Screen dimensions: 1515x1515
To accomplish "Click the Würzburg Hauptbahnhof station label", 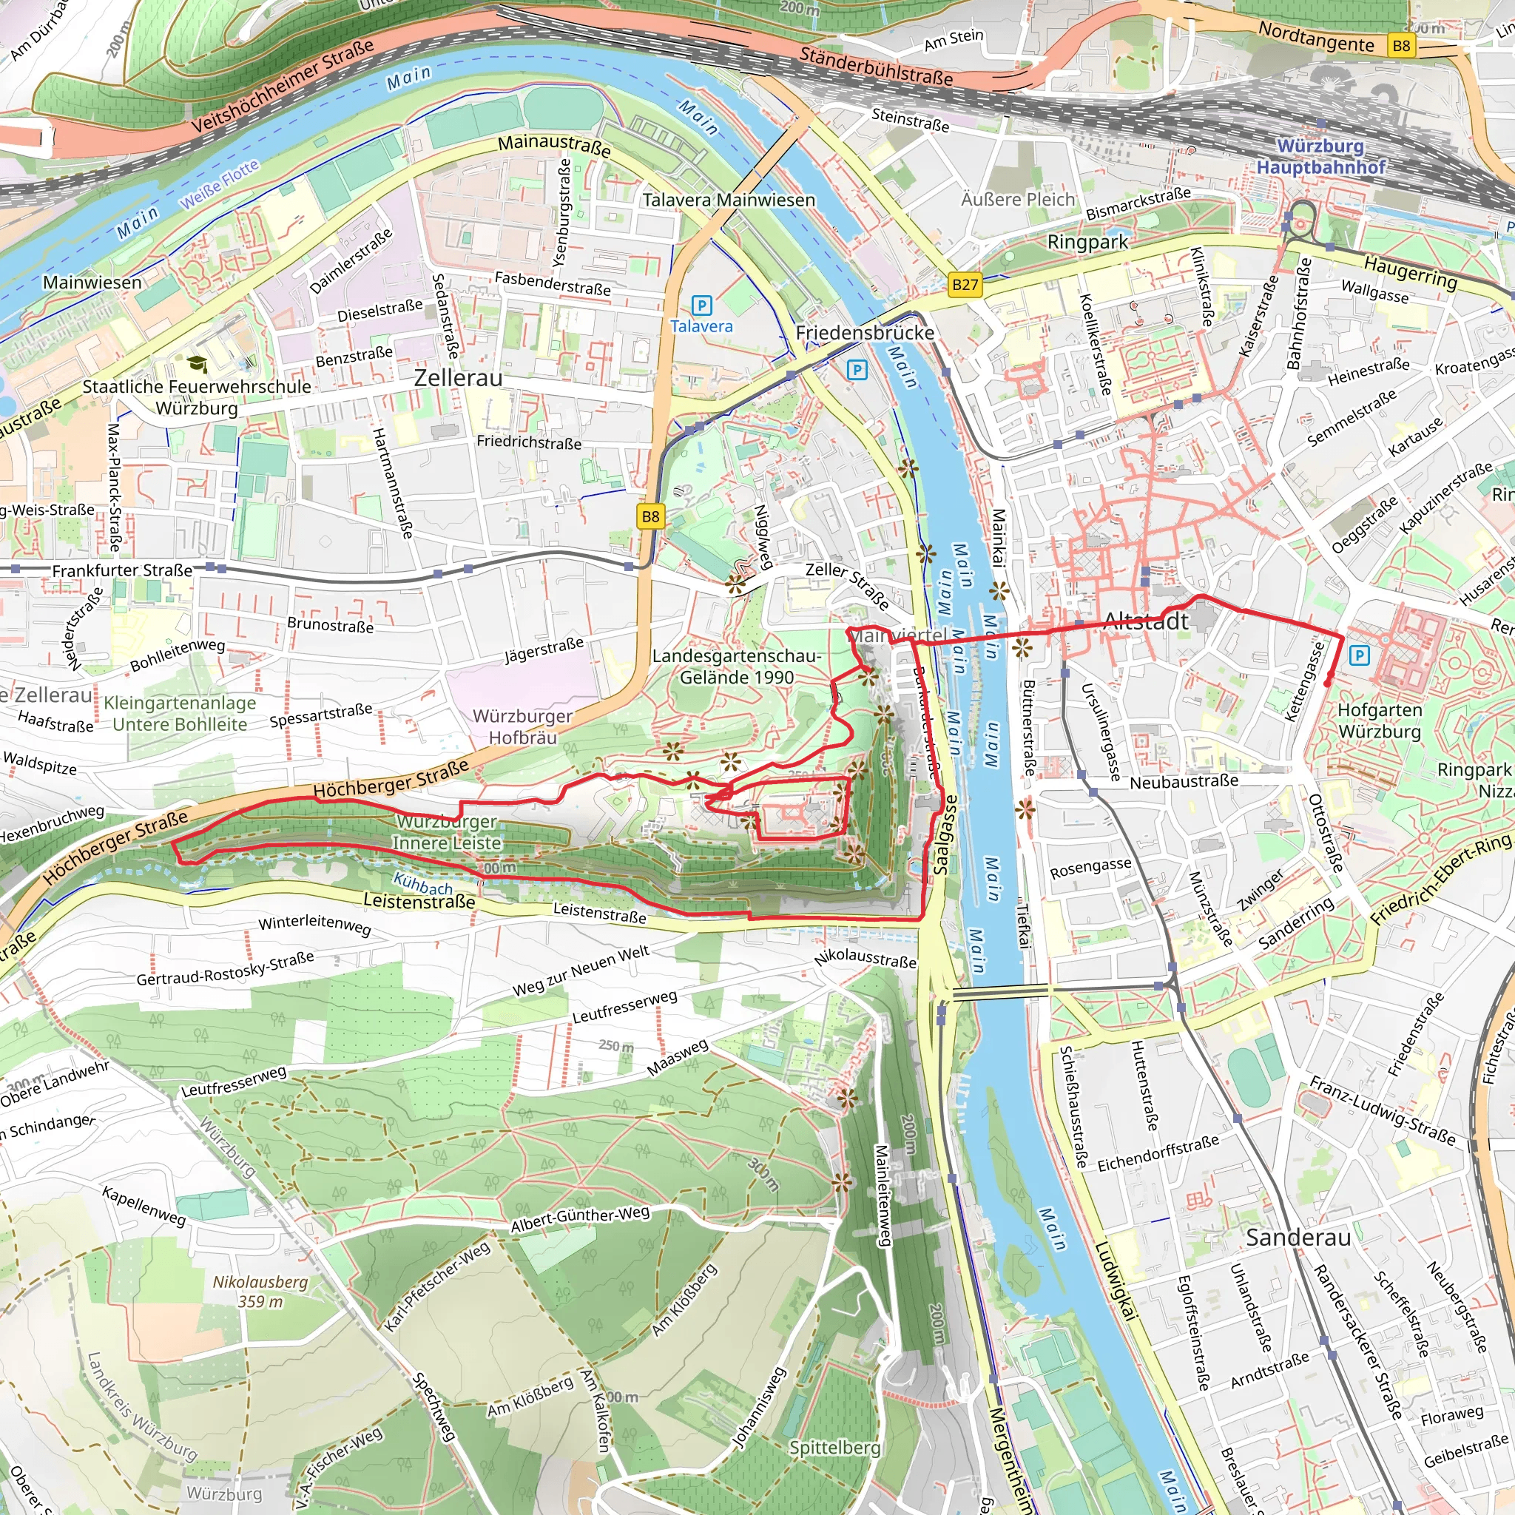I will click(1320, 156).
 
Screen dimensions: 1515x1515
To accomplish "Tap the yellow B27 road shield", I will click(965, 285).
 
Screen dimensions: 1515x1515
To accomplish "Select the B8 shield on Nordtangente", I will click(1400, 45).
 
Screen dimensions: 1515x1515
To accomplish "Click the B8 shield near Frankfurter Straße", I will click(650, 516).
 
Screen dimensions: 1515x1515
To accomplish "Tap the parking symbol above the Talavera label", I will click(701, 306).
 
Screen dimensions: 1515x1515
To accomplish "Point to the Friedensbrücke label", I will click(864, 332).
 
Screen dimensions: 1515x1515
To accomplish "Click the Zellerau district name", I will click(458, 378).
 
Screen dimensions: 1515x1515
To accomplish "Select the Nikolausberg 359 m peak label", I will click(260, 1292).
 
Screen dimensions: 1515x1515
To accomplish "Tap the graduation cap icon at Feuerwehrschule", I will click(196, 364).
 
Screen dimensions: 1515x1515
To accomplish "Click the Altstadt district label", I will click(1146, 622).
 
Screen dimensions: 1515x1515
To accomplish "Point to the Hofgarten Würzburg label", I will click(1380, 721).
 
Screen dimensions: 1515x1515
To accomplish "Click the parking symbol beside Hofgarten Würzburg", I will click(1359, 655).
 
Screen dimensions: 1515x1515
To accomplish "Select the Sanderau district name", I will click(1298, 1238).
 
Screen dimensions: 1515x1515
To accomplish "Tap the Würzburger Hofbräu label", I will click(522, 727).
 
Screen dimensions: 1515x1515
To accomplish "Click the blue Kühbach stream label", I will click(422, 884).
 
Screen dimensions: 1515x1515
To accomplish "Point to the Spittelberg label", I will click(834, 1448).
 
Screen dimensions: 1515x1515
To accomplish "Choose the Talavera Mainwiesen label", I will click(729, 200).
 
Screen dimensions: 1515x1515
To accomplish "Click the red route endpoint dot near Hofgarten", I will click(1327, 684).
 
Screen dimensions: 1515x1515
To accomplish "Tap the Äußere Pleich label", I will click(1018, 199).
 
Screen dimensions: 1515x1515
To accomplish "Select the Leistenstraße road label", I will click(419, 902).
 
